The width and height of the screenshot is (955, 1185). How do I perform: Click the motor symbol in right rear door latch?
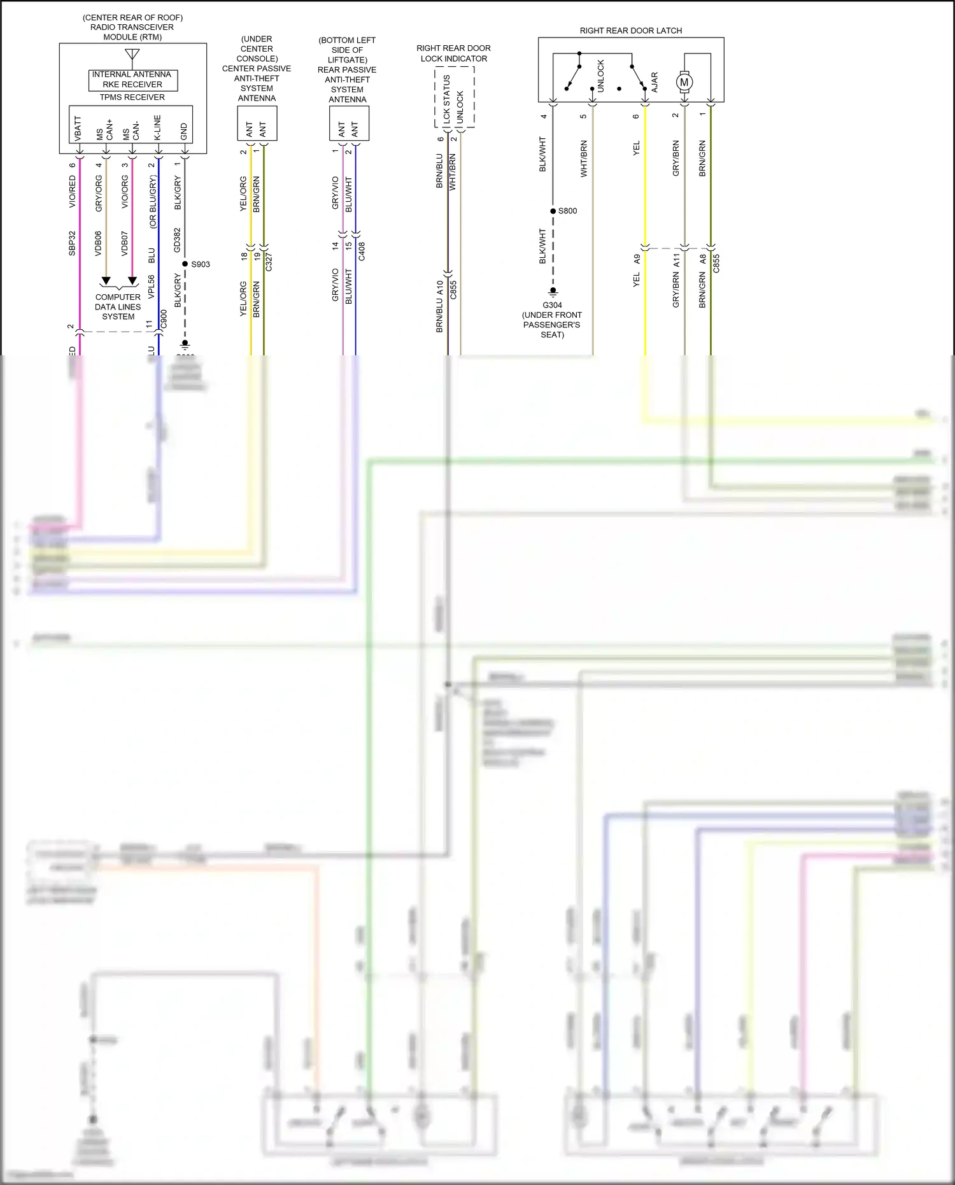(x=684, y=82)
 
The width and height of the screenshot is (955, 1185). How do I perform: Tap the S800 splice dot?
(x=553, y=211)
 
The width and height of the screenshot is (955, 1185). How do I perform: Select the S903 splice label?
(x=201, y=264)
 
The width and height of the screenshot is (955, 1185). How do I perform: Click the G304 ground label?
(x=552, y=305)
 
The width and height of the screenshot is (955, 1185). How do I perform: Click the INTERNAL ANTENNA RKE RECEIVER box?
(x=132, y=80)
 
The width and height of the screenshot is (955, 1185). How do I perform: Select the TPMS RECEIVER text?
(x=132, y=97)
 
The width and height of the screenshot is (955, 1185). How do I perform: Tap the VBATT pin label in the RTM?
(x=78, y=128)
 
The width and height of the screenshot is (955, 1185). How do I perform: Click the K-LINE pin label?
(x=157, y=128)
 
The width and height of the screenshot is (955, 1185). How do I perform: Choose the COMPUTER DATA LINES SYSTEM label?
(x=118, y=306)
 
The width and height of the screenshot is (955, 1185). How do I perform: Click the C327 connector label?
(x=269, y=262)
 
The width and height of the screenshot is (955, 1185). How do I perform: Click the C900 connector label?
(x=164, y=320)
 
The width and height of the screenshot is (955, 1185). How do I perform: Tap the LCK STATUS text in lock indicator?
(x=447, y=99)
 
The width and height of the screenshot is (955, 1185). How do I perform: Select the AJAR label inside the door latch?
(x=654, y=82)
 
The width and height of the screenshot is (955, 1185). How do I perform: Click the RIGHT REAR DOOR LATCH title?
(x=630, y=31)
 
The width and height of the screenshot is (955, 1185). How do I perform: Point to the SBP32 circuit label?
(x=73, y=244)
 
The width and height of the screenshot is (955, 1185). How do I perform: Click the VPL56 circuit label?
(x=152, y=287)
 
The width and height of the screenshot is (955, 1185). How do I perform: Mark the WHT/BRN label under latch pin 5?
(x=584, y=159)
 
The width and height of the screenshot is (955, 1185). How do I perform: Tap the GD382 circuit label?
(x=178, y=240)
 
